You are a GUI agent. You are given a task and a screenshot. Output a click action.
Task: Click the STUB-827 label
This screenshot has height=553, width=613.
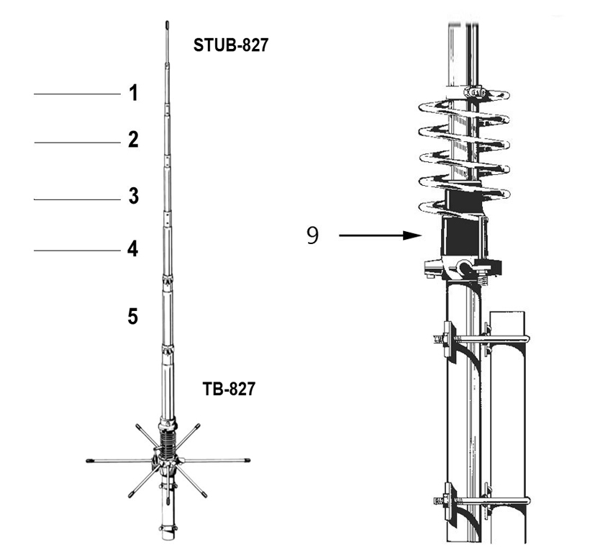[x=231, y=45]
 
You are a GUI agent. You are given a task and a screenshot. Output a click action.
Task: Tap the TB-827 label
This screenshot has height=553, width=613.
[x=229, y=389]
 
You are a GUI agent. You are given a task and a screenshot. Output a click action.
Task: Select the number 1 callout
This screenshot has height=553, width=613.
[x=134, y=93]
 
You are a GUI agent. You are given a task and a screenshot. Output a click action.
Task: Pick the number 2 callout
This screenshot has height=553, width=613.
[x=133, y=140]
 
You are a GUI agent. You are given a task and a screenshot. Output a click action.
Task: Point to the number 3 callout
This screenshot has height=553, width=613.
[x=134, y=196]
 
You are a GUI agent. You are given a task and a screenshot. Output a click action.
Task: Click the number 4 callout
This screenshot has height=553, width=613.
[x=133, y=248]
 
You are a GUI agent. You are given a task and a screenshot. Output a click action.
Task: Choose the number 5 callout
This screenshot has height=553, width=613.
[x=133, y=316]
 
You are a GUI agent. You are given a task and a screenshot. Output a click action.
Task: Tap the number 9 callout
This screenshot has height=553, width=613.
[x=312, y=235]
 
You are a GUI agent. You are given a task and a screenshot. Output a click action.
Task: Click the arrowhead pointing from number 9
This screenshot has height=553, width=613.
[x=413, y=235]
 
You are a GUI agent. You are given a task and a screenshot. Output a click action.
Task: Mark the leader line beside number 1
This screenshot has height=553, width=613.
[x=78, y=94]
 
